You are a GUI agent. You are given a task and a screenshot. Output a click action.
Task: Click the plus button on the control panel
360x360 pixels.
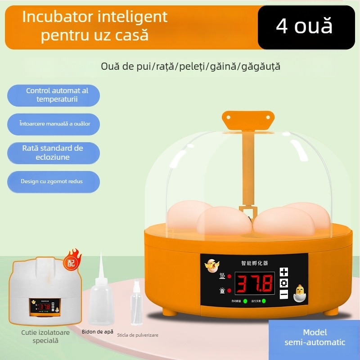[284, 272]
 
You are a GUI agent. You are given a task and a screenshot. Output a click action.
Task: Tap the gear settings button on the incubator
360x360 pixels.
[284, 283]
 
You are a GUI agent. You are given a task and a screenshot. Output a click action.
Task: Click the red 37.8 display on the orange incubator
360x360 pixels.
[255, 283]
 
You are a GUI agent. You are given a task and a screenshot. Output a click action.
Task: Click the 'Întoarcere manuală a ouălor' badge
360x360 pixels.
[53, 123]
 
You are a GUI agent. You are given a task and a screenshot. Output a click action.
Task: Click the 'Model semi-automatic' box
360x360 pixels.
[315, 337]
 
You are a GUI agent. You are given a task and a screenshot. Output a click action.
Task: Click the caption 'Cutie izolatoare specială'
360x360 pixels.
[39, 337]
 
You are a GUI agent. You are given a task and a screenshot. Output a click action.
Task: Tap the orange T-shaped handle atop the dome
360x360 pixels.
[248, 120]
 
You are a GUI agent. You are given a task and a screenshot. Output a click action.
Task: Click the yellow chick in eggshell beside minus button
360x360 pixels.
[299, 293]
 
